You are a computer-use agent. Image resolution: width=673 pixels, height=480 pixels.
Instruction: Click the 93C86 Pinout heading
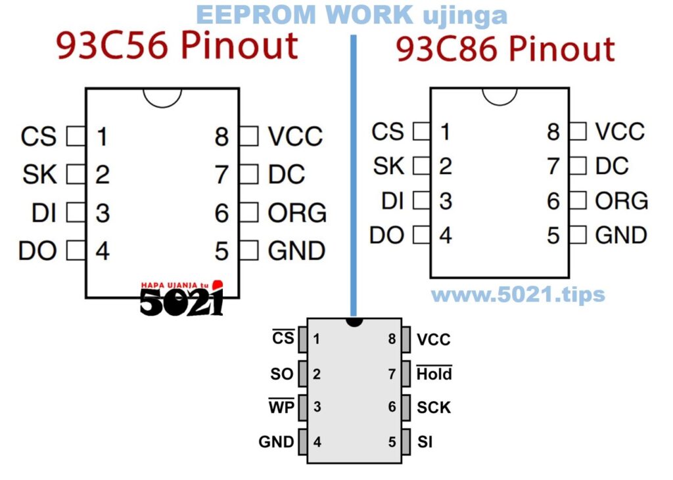click(x=505, y=51)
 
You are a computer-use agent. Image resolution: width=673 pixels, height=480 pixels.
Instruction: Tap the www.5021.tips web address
click(x=518, y=294)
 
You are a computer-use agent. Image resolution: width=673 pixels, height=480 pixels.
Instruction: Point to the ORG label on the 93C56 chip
click(x=297, y=213)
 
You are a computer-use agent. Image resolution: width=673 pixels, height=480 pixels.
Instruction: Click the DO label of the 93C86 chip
click(x=386, y=235)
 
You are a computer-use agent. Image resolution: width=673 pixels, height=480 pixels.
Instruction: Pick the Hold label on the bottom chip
click(x=434, y=374)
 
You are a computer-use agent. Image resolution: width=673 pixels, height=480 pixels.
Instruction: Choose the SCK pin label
click(x=434, y=408)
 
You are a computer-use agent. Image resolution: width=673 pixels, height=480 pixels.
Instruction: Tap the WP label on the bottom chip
click(x=281, y=407)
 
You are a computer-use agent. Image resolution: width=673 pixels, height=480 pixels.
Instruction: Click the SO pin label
click(x=282, y=374)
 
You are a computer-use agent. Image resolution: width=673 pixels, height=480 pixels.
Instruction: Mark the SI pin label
click(x=425, y=442)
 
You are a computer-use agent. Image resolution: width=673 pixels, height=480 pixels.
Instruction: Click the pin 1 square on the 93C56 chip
click(x=77, y=137)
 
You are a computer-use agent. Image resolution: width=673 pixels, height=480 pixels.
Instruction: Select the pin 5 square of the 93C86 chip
click(x=577, y=234)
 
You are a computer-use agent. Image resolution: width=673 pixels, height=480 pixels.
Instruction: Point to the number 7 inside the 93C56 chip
click(x=221, y=175)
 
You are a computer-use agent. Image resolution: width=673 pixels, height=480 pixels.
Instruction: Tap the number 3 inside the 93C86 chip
click(x=446, y=201)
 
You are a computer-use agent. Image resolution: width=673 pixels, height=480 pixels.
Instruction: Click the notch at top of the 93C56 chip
click(x=162, y=97)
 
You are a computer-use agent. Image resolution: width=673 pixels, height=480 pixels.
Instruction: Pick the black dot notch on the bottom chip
click(x=354, y=322)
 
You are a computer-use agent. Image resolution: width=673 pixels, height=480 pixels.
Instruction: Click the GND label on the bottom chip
click(x=276, y=442)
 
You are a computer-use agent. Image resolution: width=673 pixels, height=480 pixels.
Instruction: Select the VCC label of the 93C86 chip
click(x=620, y=131)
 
